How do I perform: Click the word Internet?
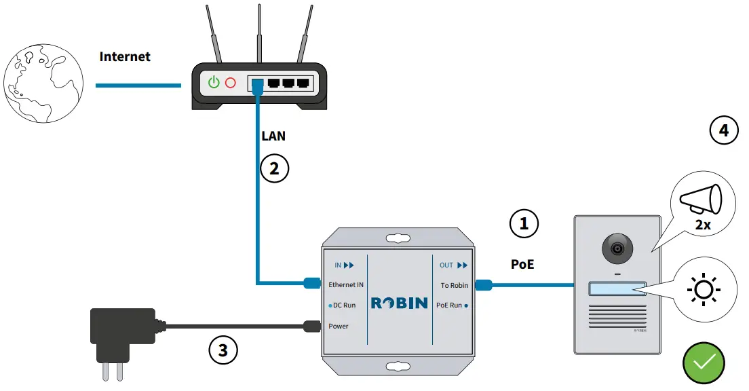125,56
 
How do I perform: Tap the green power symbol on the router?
214,83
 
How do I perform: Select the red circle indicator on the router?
231,83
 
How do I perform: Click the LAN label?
273,136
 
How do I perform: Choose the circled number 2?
275,168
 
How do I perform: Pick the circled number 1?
524,223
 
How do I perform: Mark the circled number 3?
223,350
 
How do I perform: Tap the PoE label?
522,264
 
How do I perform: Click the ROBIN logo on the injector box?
399,303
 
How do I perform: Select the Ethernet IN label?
346,285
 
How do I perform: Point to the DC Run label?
344,305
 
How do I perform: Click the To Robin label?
454,285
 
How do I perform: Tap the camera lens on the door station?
617,249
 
